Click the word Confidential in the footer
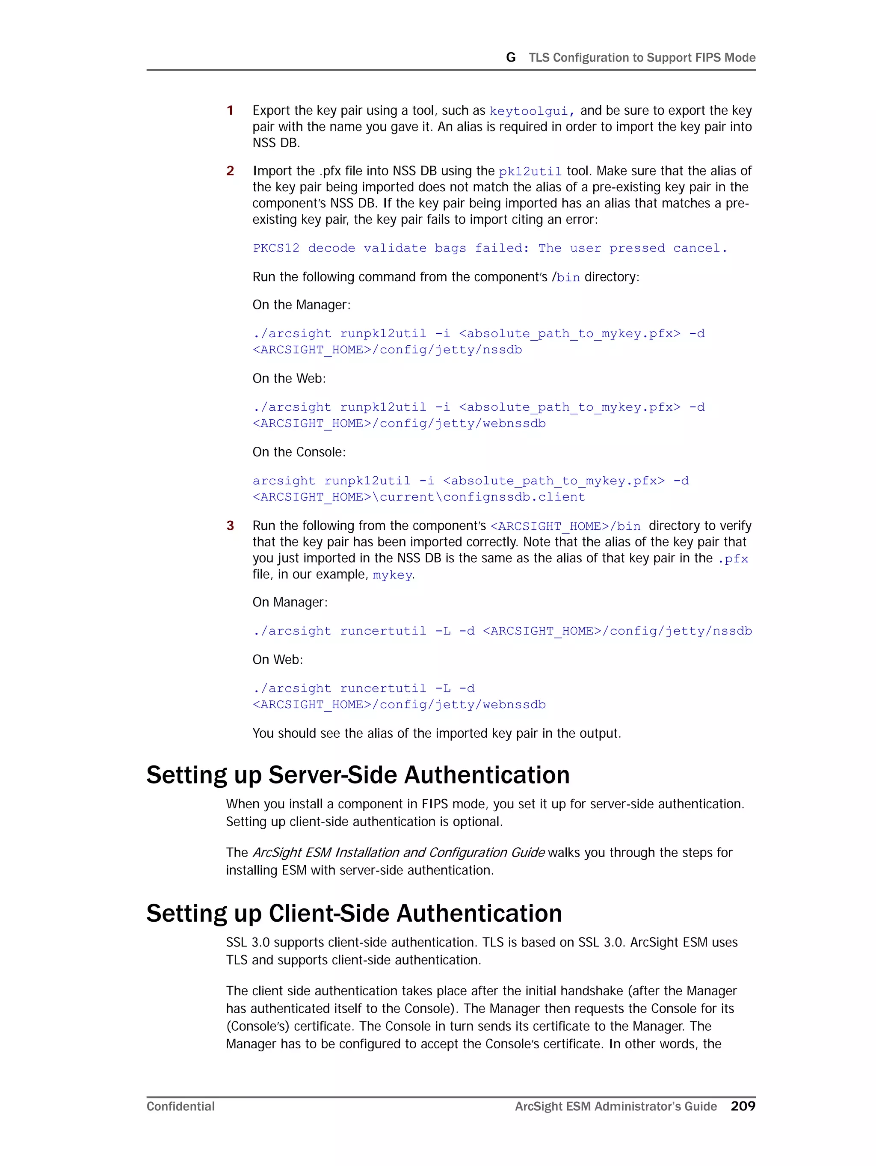[180, 1107]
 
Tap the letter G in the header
[510, 57]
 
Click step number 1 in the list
[230, 110]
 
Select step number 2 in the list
[230, 171]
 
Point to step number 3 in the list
[230, 525]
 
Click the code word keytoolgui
[529, 111]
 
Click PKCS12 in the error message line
[275, 248]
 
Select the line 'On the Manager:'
[301, 305]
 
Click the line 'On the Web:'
[289, 379]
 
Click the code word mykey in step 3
[392, 575]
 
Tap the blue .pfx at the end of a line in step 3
[733, 559]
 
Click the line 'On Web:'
[277, 659]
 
